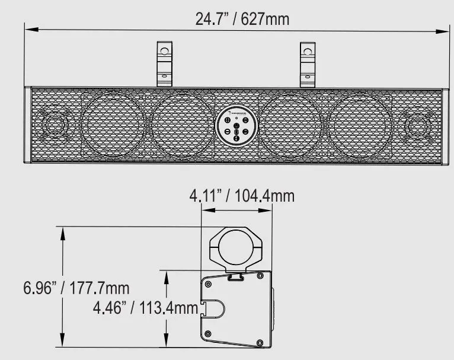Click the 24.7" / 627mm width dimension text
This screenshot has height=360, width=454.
click(242, 18)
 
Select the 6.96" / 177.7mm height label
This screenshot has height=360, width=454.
click(76, 289)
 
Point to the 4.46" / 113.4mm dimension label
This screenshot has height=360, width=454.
click(145, 308)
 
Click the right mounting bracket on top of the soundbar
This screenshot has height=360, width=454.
click(307, 64)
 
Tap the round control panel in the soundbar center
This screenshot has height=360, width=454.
click(236, 126)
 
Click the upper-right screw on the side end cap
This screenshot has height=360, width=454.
click(259, 276)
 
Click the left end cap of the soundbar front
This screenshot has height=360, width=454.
click(27, 126)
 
